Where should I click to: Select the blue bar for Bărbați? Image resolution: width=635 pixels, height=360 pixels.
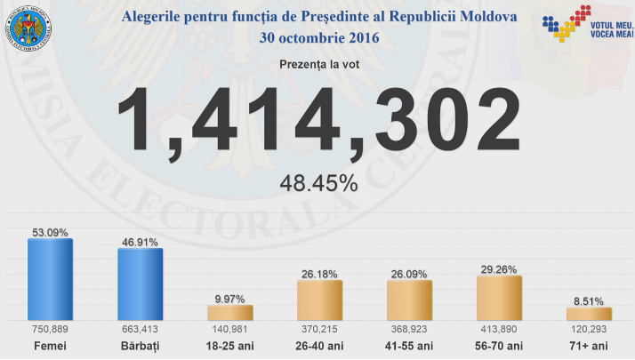tap(141, 284)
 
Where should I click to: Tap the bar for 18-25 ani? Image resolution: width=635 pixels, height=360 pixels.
tap(230, 312)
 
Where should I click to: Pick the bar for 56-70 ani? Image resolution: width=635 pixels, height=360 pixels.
tap(500, 298)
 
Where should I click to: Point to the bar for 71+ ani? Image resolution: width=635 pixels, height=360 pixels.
tap(590, 314)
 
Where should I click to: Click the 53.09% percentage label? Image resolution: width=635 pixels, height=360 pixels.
tap(50, 233)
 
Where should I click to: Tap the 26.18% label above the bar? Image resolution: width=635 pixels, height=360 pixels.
tap(320, 275)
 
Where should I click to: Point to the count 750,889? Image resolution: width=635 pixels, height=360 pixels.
tap(50, 329)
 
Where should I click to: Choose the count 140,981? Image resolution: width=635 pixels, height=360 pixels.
tap(230, 329)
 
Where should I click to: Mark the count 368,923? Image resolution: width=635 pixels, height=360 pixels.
tap(410, 329)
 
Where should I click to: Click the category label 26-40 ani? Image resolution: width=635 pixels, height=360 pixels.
tap(320, 345)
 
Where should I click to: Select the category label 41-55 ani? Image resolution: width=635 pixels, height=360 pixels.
tap(410, 345)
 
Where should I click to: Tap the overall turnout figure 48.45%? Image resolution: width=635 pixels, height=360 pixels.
tap(318, 184)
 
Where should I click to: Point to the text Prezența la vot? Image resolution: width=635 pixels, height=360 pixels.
tap(317, 64)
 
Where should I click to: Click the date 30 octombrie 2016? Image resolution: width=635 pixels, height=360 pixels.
tap(318, 37)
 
